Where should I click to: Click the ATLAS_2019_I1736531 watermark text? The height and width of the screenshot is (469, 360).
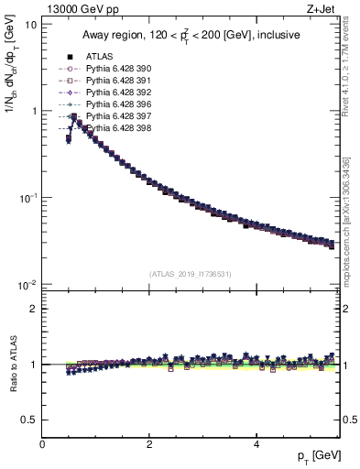click(x=191, y=274)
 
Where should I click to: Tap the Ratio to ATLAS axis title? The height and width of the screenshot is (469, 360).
click(x=12, y=363)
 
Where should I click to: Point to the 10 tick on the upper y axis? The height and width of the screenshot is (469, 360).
click(x=30, y=24)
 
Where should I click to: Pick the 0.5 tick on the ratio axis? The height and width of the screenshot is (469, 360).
click(x=28, y=420)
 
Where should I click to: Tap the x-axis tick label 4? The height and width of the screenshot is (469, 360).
click(x=256, y=444)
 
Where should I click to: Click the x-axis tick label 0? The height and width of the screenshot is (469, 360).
click(x=42, y=444)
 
